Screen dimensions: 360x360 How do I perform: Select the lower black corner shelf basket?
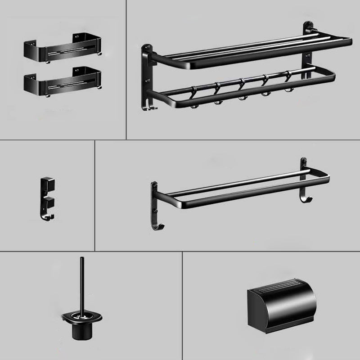(61, 81)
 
